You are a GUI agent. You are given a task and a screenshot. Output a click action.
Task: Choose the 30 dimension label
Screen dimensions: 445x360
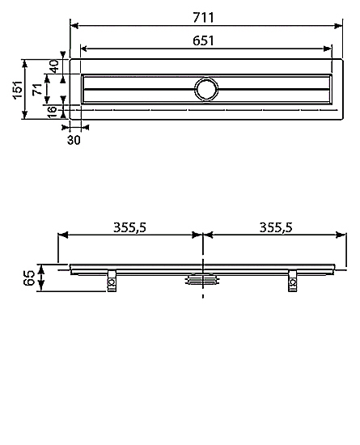point(74,140)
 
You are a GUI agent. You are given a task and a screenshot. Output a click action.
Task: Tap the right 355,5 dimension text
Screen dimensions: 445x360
point(275,228)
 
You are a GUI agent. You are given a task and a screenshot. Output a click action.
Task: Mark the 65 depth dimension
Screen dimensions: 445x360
point(30,278)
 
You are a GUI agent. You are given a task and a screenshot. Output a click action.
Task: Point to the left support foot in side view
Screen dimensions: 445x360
point(111,282)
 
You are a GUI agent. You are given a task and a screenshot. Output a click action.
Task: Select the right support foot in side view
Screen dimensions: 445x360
point(291,282)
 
